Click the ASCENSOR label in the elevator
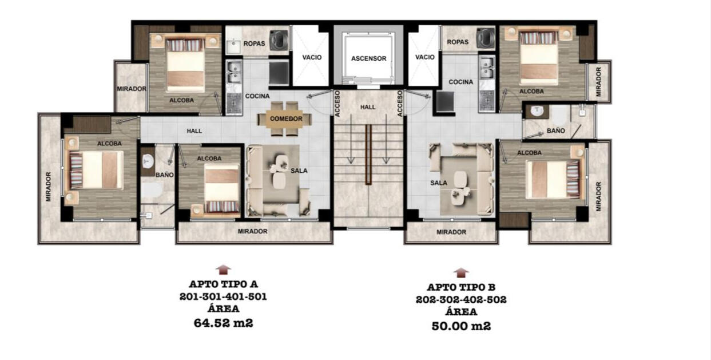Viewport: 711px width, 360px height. tap(368, 58)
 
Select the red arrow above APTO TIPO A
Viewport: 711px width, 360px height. tap(223, 270)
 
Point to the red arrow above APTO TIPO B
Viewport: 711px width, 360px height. tap(461, 272)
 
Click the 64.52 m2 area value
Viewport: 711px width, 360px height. tap(223, 323)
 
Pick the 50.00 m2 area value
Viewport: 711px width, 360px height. tap(461, 326)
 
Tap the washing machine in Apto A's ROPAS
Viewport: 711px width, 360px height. tap(279, 40)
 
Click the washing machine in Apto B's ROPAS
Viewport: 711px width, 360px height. tap(486, 38)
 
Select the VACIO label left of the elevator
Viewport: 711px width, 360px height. tap(312, 57)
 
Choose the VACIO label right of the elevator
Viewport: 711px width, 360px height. tap(424, 57)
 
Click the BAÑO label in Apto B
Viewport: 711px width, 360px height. tap(556, 130)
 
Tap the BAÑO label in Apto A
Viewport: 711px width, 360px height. tap(164, 175)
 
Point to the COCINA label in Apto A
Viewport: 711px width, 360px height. tap(257, 96)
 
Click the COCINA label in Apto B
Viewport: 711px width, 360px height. tap(460, 82)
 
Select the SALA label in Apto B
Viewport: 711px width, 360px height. tap(439, 183)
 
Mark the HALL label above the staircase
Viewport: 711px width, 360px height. tap(368, 107)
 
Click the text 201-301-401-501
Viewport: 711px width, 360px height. tap(223, 296)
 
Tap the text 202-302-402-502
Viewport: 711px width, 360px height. tap(461, 299)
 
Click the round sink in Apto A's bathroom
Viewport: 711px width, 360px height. tap(148, 161)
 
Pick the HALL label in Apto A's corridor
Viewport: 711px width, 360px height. tap(194, 131)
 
